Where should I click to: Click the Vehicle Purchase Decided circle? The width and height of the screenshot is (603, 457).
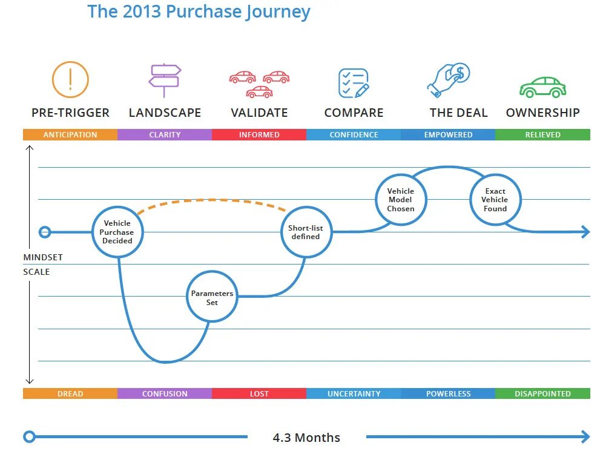(x=117, y=232)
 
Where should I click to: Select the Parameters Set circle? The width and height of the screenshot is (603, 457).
(x=212, y=297)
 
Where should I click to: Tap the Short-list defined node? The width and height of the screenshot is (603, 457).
(x=306, y=232)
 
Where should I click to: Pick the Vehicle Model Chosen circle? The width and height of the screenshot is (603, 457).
(x=401, y=200)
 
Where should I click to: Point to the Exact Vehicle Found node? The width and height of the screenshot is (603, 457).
(x=495, y=200)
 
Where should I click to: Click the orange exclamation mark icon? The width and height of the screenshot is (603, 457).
(x=70, y=79)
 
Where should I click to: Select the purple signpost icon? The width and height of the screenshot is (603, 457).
(x=165, y=80)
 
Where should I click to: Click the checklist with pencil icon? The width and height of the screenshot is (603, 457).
(x=354, y=83)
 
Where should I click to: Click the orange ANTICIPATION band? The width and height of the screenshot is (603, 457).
(x=70, y=135)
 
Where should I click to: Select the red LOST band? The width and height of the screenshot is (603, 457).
(x=259, y=393)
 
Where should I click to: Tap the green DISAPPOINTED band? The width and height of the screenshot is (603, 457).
(x=542, y=393)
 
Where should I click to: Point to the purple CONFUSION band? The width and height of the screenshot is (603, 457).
(x=165, y=393)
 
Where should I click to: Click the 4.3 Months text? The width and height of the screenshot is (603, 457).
(x=306, y=437)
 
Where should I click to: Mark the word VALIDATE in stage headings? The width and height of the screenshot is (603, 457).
(x=259, y=113)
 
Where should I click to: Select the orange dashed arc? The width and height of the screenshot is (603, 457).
(x=212, y=200)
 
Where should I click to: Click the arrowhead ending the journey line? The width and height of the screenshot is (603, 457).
(x=585, y=232)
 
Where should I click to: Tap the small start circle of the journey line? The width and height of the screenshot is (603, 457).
(x=45, y=232)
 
